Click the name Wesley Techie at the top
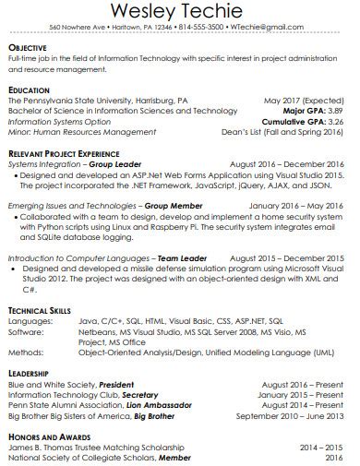(x=180, y=12)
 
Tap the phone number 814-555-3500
(x=209, y=28)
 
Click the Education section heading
(x=30, y=90)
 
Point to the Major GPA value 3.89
(x=335, y=111)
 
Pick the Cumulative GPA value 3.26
(x=335, y=121)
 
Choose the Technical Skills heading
(x=40, y=311)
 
